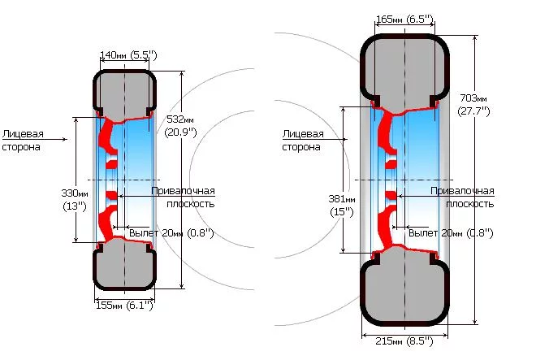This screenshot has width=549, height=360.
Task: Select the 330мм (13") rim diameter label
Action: pos(75,199)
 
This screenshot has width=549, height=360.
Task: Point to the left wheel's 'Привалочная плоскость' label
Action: pos(183,197)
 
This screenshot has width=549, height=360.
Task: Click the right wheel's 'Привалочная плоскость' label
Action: pos(461,197)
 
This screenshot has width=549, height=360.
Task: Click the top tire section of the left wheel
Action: pos(124,92)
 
